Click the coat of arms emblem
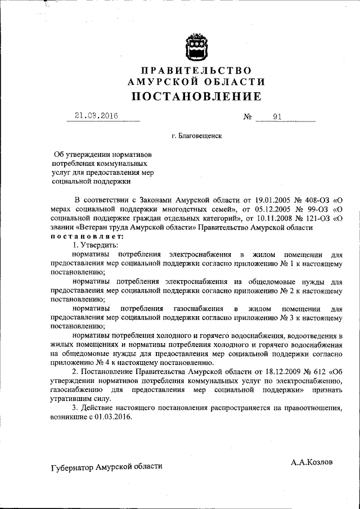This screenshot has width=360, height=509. tap(196, 46)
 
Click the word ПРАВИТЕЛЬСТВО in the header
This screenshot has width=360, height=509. tap(196, 70)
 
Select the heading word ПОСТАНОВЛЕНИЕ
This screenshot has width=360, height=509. tap(196, 96)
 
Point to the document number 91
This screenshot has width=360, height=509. tap(277, 117)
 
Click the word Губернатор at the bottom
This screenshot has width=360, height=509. tap(71, 466)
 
